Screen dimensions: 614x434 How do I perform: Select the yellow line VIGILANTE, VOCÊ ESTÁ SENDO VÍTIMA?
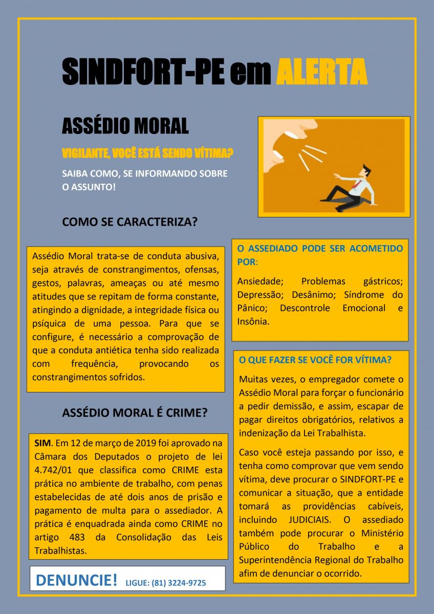click(148, 153)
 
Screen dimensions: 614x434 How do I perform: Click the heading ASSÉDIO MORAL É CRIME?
click(134, 413)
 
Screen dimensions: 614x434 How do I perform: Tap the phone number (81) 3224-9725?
click(179, 583)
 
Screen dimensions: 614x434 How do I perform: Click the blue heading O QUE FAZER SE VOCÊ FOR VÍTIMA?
click(315, 360)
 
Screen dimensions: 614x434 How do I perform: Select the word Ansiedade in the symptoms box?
click(259, 281)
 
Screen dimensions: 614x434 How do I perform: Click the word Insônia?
click(253, 322)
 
